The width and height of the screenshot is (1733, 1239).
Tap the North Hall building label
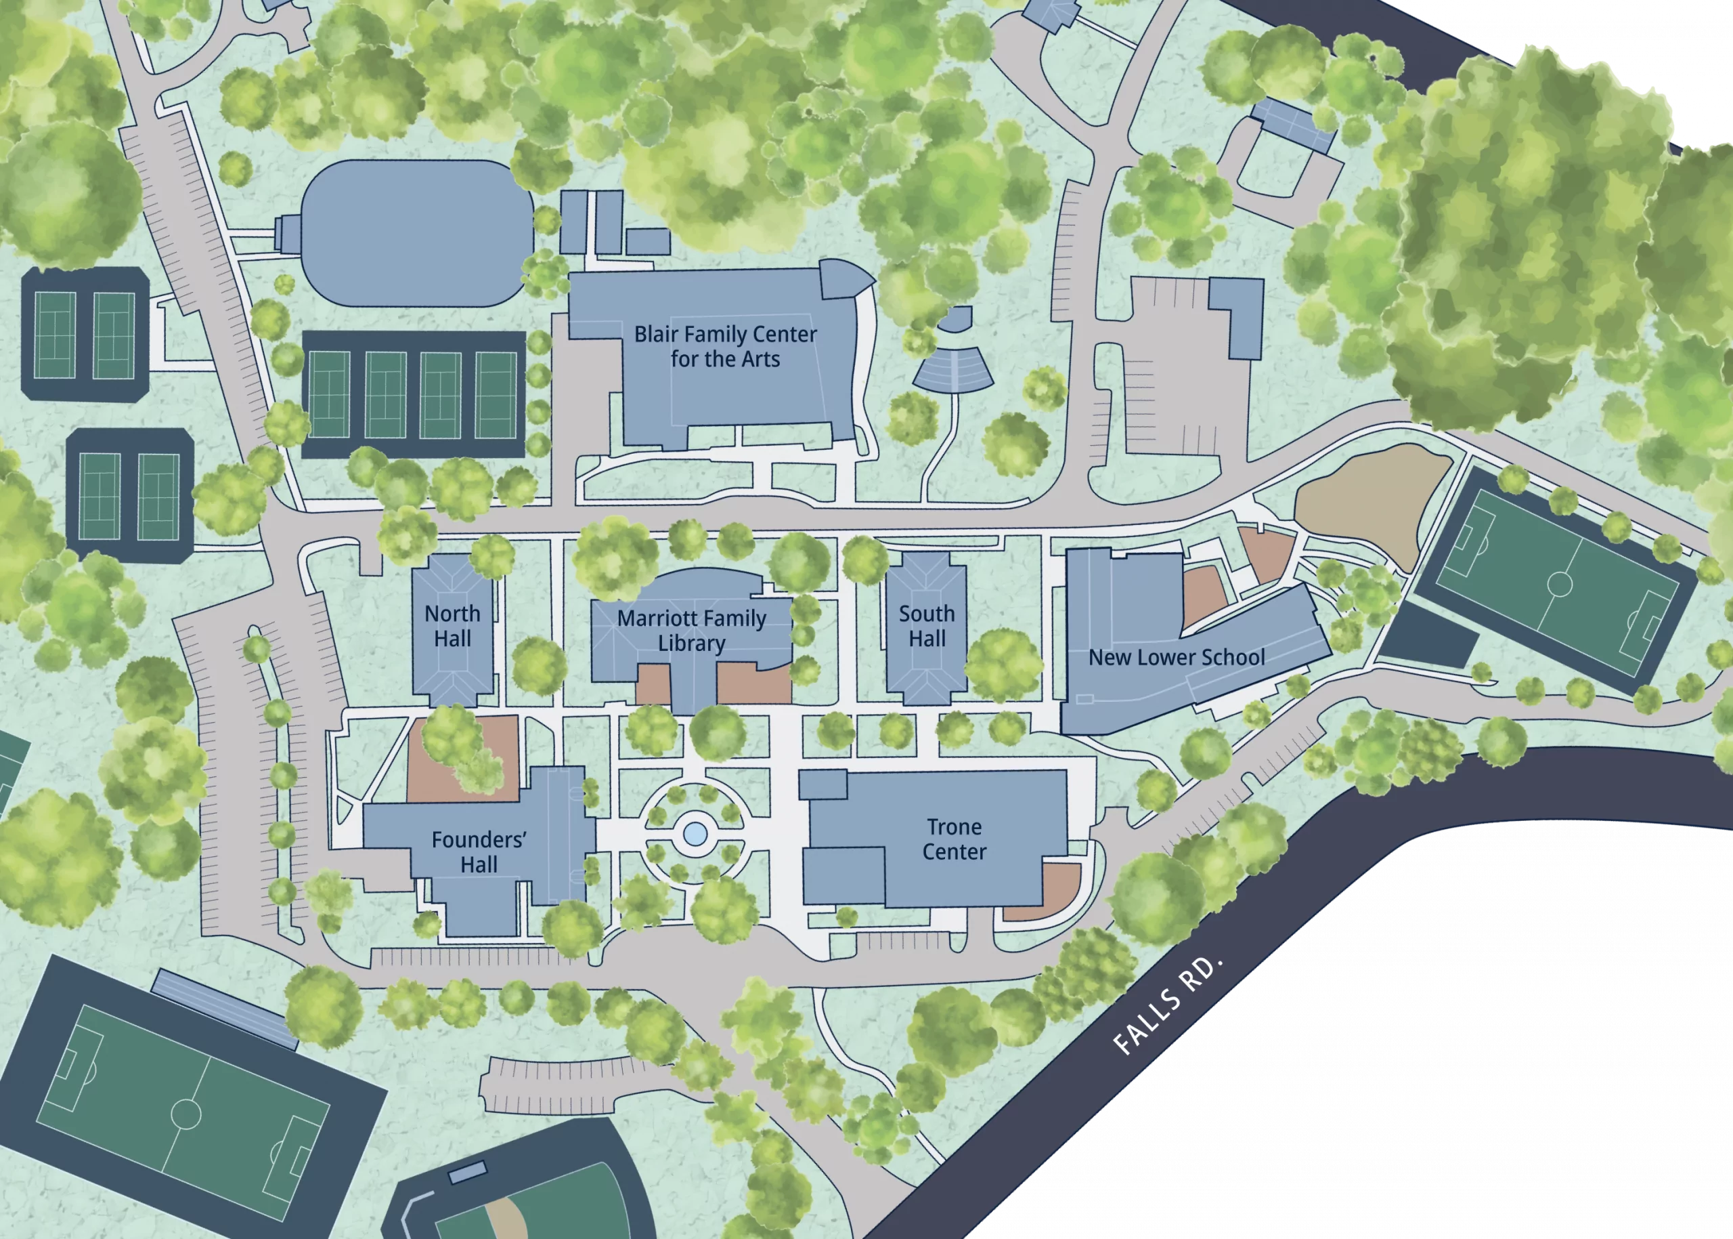point(452,626)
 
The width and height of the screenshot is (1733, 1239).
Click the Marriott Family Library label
point(692,630)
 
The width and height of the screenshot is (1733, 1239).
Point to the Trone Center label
point(954,839)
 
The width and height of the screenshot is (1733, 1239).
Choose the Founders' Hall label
point(479,852)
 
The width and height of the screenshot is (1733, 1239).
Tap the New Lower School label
point(1176,657)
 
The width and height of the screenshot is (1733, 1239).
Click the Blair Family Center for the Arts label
point(725,346)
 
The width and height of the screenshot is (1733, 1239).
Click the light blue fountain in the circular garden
point(694,833)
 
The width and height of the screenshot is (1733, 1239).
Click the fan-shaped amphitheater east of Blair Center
point(953,370)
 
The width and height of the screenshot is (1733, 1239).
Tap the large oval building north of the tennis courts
point(417,233)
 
